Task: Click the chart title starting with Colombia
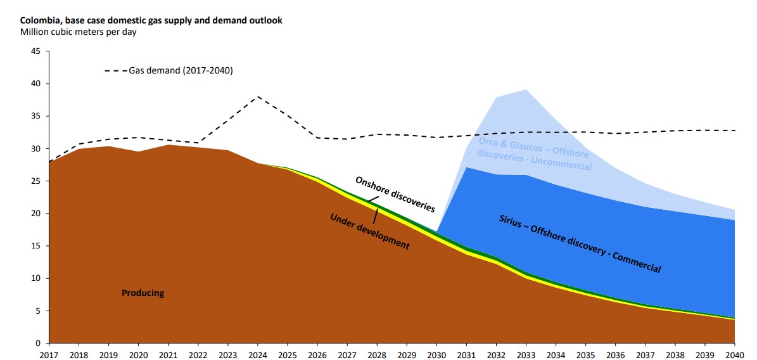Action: click(151, 20)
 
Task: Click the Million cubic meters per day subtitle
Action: click(79, 32)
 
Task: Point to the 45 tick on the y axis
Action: click(36, 51)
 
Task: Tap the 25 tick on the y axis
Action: click(36, 181)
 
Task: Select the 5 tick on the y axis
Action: click(38, 311)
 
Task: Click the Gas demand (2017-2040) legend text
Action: click(181, 70)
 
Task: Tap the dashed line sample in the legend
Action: click(115, 71)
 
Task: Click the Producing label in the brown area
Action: click(143, 293)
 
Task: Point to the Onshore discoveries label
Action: click(395, 194)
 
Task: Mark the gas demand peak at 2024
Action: click(258, 96)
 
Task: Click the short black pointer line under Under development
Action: click(376, 215)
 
